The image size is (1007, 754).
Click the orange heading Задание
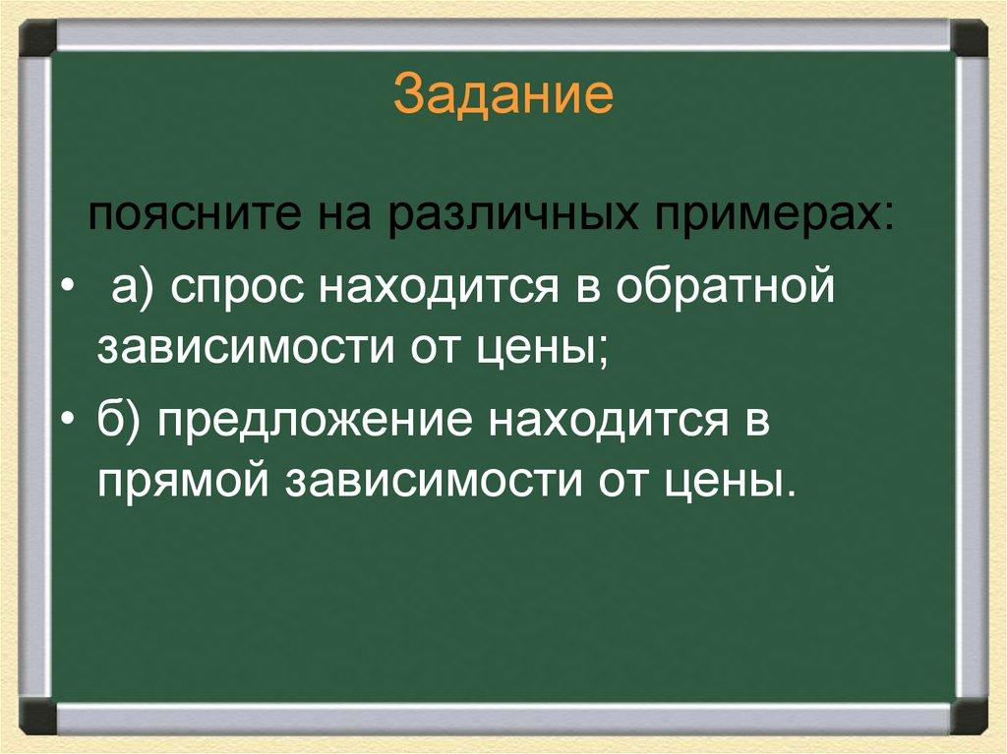click(x=503, y=98)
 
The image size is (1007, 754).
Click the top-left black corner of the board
click(x=38, y=38)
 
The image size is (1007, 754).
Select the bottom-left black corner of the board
click(x=38, y=717)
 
